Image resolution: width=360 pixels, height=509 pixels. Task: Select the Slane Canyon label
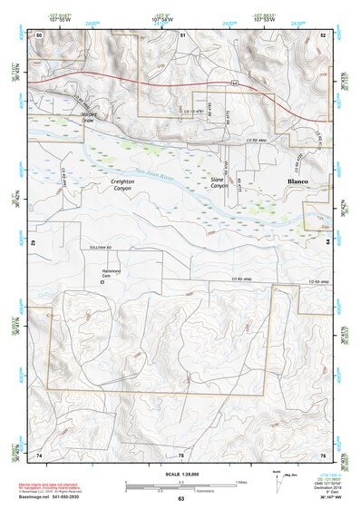coord(218,184)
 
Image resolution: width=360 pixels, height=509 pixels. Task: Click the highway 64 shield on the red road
coord(233,83)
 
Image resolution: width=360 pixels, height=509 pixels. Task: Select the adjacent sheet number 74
coord(39,454)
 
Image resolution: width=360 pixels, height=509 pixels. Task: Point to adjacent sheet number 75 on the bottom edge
coord(181,454)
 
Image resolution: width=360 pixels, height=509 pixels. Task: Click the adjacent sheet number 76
coord(323,454)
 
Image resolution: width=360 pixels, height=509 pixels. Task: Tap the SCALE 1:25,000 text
coord(180,474)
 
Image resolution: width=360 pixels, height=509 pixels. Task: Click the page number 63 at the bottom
coord(180,499)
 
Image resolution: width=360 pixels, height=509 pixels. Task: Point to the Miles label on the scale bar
coord(241,481)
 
